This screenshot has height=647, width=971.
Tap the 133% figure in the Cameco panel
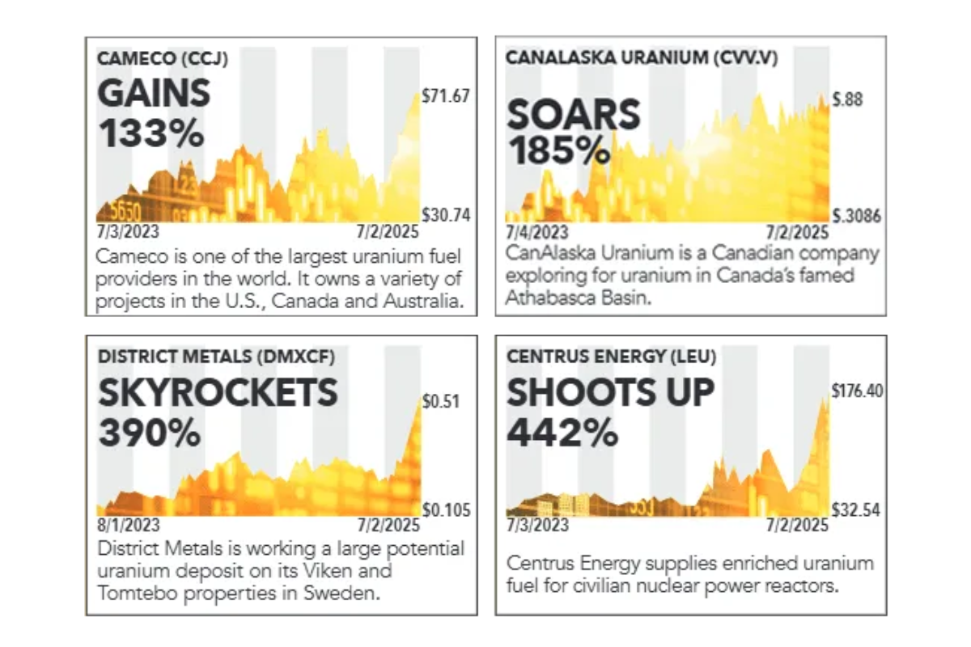(x=151, y=132)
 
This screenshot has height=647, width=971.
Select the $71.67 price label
(x=446, y=97)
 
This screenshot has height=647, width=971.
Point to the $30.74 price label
(x=446, y=216)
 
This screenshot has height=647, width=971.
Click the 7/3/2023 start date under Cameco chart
(x=128, y=232)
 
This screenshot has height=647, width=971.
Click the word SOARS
(x=573, y=115)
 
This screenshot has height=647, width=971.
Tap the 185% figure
(x=558, y=150)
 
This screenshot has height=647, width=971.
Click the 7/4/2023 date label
(x=537, y=233)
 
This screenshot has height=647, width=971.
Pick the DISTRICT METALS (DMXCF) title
(x=216, y=356)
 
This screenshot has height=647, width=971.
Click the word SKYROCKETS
(x=218, y=394)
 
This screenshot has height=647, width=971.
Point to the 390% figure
(x=150, y=434)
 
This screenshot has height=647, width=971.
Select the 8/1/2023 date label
(x=128, y=526)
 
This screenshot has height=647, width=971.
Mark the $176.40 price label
(x=857, y=391)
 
